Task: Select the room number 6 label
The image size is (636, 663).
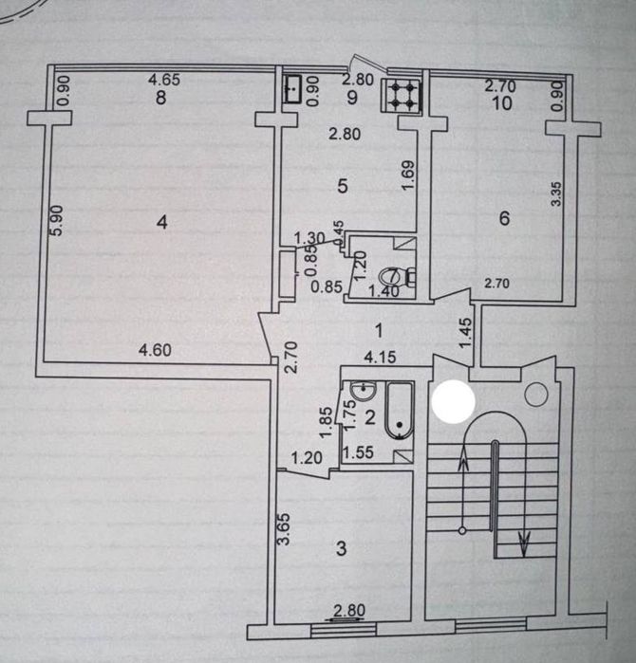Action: (x=504, y=219)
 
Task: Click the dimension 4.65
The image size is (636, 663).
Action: (x=164, y=82)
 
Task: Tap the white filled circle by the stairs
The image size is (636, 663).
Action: (x=453, y=400)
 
